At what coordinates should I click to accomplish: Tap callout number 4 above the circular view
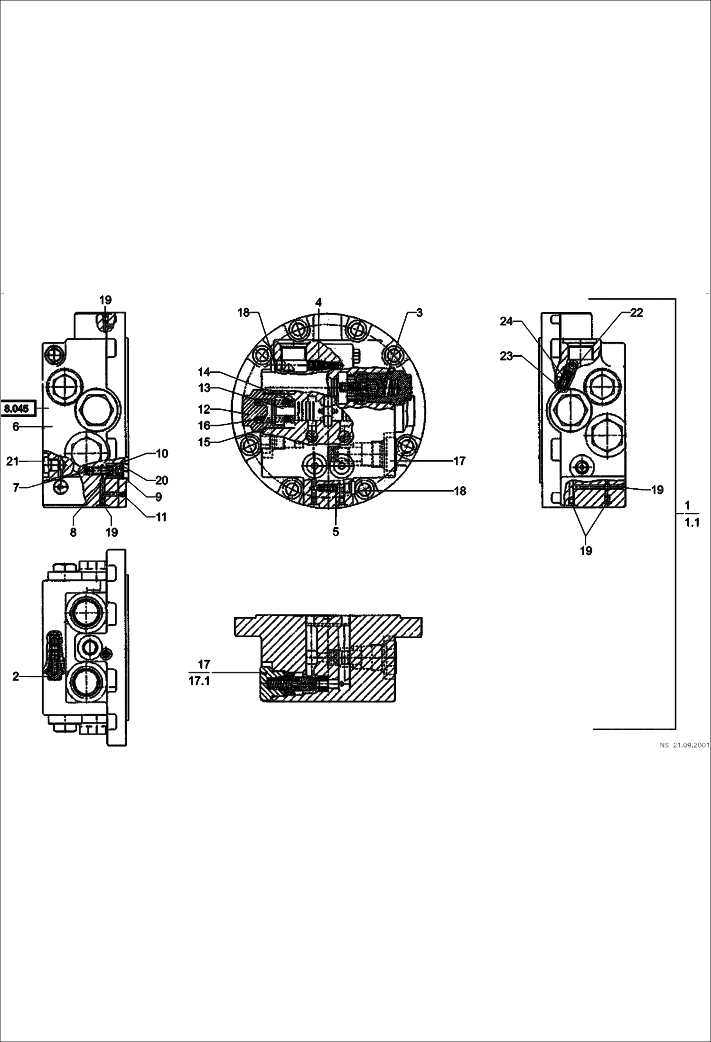[x=318, y=302]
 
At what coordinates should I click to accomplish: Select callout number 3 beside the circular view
[x=419, y=313]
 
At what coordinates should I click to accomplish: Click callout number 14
[x=204, y=372]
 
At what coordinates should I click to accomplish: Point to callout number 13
[x=204, y=388]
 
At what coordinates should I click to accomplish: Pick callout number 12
[x=204, y=409]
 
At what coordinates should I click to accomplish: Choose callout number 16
[x=204, y=425]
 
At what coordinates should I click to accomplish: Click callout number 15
[x=204, y=442]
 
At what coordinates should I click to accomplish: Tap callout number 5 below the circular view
[x=336, y=532]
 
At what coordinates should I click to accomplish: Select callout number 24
[x=506, y=322]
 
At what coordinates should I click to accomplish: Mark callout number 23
[x=506, y=356]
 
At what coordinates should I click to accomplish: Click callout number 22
[x=636, y=313]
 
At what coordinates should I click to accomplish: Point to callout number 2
[x=16, y=677]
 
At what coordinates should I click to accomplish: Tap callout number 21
[x=12, y=461]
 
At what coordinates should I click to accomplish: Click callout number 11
[x=161, y=517]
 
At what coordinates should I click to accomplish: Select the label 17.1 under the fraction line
[x=199, y=682]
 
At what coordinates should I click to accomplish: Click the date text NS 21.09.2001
[x=684, y=745]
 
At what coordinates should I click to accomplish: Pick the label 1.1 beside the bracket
[x=692, y=523]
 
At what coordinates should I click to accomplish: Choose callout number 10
[x=162, y=454]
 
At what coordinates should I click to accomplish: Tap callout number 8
[x=73, y=532]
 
